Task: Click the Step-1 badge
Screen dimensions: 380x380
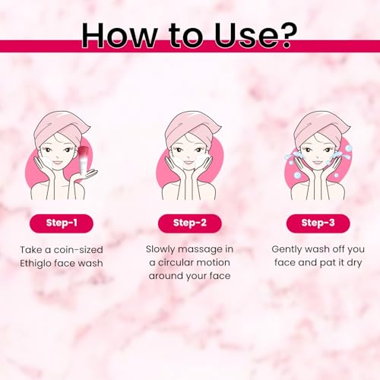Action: [62, 223]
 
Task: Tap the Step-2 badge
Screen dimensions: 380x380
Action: [190, 223]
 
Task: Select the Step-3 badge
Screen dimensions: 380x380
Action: [318, 223]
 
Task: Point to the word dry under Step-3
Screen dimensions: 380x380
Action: [354, 263]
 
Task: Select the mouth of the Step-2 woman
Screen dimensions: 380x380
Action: [188, 163]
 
